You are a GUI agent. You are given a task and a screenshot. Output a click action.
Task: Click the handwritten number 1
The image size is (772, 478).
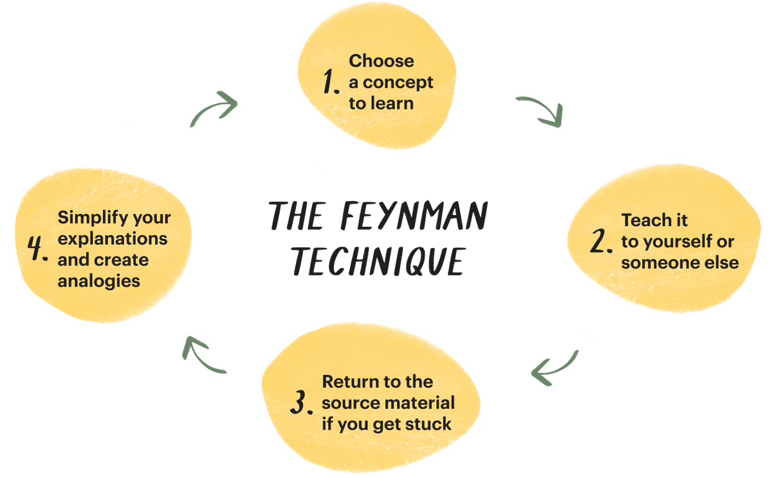pyautogui.click(x=330, y=82)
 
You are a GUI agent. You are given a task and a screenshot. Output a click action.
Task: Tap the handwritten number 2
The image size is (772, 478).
pyautogui.click(x=602, y=241)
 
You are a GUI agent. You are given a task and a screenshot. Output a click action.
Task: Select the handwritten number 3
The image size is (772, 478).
pyautogui.click(x=300, y=403)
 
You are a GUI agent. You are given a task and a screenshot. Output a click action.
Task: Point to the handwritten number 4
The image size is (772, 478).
pyautogui.click(x=39, y=249)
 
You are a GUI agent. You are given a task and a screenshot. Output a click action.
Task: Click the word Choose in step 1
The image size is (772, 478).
pyautogui.click(x=381, y=61)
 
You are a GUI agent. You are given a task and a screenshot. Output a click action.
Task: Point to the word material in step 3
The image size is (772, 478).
pyautogui.click(x=423, y=403)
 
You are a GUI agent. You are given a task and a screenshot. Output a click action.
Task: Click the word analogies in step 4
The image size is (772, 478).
pyautogui.click(x=99, y=280)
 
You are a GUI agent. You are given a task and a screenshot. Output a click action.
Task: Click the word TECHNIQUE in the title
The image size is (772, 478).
pyautogui.click(x=378, y=260)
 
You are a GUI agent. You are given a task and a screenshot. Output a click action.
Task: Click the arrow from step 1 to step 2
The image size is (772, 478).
pyautogui.click(x=540, y=110)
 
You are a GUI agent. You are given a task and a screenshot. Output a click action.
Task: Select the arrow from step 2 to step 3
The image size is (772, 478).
pyautogui.click(x=553, y=368)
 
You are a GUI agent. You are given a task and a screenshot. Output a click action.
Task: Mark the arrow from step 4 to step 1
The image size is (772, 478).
pyautogui.click(x=214, y=107)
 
